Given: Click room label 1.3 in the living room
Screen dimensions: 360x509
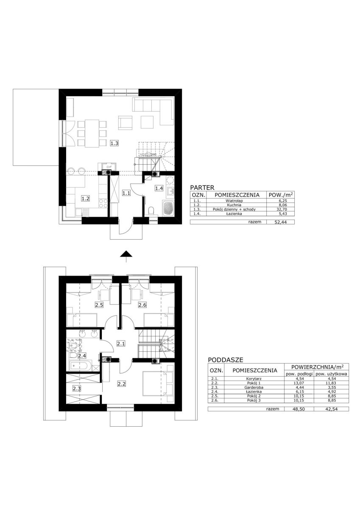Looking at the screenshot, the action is pyautogui.click(x=114, y=143).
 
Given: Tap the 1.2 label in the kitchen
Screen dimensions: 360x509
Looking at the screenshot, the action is pyautogui.click(x=85, y=199).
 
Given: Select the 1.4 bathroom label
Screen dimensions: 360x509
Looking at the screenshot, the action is pyautogui.click(x=159, y=188).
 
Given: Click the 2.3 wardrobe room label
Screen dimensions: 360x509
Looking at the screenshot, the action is pyautogui.click(x=77, y=389).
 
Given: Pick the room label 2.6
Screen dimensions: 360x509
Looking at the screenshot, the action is pyautogui.click(x=142, y=305).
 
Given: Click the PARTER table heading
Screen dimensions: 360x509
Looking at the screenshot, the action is pyautogui.click(x=202, y=187).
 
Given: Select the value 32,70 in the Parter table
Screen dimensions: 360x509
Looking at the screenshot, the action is pyautogui.click(x=280, y=209).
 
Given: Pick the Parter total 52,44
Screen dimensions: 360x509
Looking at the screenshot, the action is pyautogui.click(x=280, y=222).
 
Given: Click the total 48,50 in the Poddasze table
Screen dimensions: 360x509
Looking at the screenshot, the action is pyautogui.click(x=299, y=409).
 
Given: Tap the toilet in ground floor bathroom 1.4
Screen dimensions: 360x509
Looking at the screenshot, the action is pyautogui.click(x=150, y=211).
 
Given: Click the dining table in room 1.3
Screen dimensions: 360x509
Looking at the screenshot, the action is pyautogui.click(x=92, y=133).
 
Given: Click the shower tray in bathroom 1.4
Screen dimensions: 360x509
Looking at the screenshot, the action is pyautogui.click(x=168, y=208).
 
